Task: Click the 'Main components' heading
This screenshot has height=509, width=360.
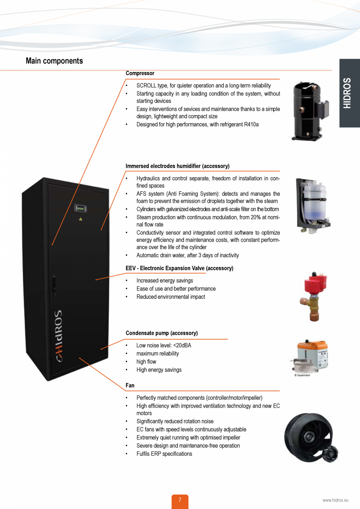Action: click(x=54, y=61)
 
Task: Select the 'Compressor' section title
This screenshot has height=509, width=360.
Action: click(x=140, y=73)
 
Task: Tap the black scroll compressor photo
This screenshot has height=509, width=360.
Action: click(x=307, y=111)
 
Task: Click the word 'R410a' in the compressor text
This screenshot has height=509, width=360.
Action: click(x=251, y=124)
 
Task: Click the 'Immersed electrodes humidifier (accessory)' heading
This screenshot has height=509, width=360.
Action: click(x=177, y=166)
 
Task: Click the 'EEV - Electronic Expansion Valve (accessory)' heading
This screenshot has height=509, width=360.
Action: click(x=179, y=268)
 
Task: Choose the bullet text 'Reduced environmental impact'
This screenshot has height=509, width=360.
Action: click(x=171, y=297)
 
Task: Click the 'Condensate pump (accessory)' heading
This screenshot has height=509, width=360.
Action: click(x=162, y=333)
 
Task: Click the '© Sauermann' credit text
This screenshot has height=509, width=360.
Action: click(x=302, y=375)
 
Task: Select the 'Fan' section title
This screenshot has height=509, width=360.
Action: click(x=130, y=385)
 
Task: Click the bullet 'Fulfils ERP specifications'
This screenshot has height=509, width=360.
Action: click(x=164, y=454)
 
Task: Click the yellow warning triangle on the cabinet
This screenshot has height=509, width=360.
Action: click(x=81, y=219)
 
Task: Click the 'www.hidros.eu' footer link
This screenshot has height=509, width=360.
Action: click(x=335, y=500)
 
